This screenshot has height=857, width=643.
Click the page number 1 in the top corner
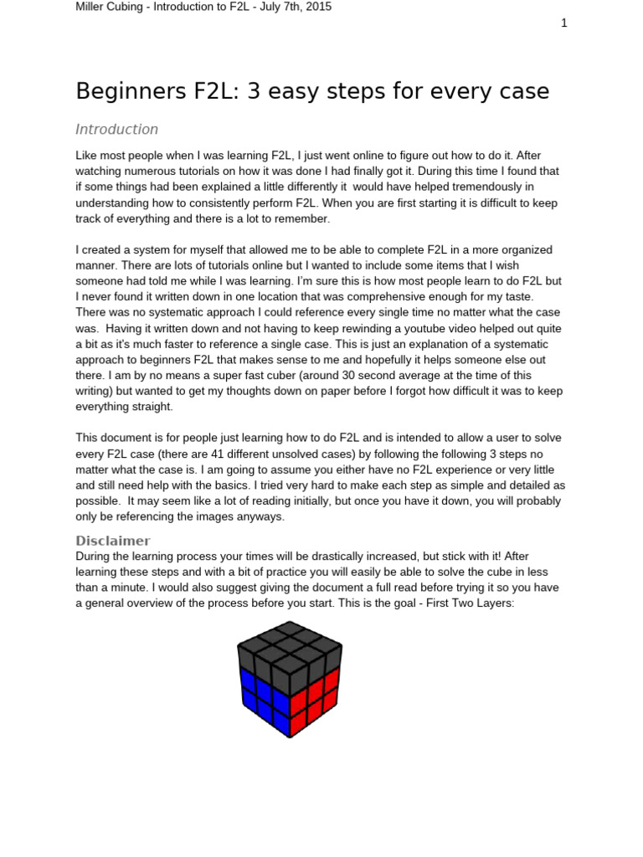564,23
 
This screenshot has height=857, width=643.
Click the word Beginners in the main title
127,90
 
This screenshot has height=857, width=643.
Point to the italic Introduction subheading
116,130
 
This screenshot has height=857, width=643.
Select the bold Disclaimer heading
113,541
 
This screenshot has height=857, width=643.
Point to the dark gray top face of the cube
290,644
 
